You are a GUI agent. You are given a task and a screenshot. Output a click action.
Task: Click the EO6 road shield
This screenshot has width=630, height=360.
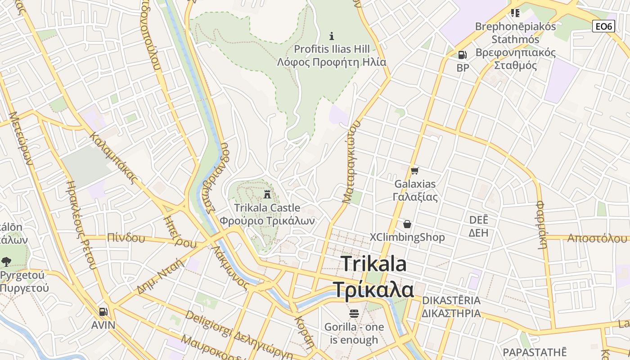(603, 26)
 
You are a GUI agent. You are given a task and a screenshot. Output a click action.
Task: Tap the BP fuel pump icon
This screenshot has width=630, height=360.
(462, 55)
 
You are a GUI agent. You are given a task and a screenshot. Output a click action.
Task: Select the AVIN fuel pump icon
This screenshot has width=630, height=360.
(103, 312)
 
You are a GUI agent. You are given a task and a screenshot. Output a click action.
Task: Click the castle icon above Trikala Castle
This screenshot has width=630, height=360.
(267, 195)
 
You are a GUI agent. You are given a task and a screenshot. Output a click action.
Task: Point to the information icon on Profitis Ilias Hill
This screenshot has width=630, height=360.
(332, 36)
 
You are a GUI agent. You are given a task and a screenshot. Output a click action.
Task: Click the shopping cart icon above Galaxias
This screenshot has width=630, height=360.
(414, 171)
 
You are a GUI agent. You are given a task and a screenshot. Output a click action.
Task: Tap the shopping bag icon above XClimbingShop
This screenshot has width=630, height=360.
(407, 224)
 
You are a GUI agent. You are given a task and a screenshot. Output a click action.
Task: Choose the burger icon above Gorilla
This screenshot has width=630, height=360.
(354, 313)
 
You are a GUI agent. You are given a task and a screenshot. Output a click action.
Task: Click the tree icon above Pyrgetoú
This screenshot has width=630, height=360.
(6, 261)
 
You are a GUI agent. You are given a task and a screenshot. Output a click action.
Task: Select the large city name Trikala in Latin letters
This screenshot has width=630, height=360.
(373, 264)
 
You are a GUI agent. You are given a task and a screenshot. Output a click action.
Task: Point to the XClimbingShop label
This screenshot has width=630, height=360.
(407, 237)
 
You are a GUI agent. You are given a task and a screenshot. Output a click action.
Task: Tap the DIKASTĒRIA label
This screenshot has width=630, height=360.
(451, 301)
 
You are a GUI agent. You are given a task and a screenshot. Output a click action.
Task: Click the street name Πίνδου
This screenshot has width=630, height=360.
(126, 238)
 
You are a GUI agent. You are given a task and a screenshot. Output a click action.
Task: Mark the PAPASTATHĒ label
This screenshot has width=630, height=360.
(535, 352)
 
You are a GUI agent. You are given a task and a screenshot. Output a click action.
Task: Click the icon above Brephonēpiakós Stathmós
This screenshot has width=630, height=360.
(515, 13)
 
